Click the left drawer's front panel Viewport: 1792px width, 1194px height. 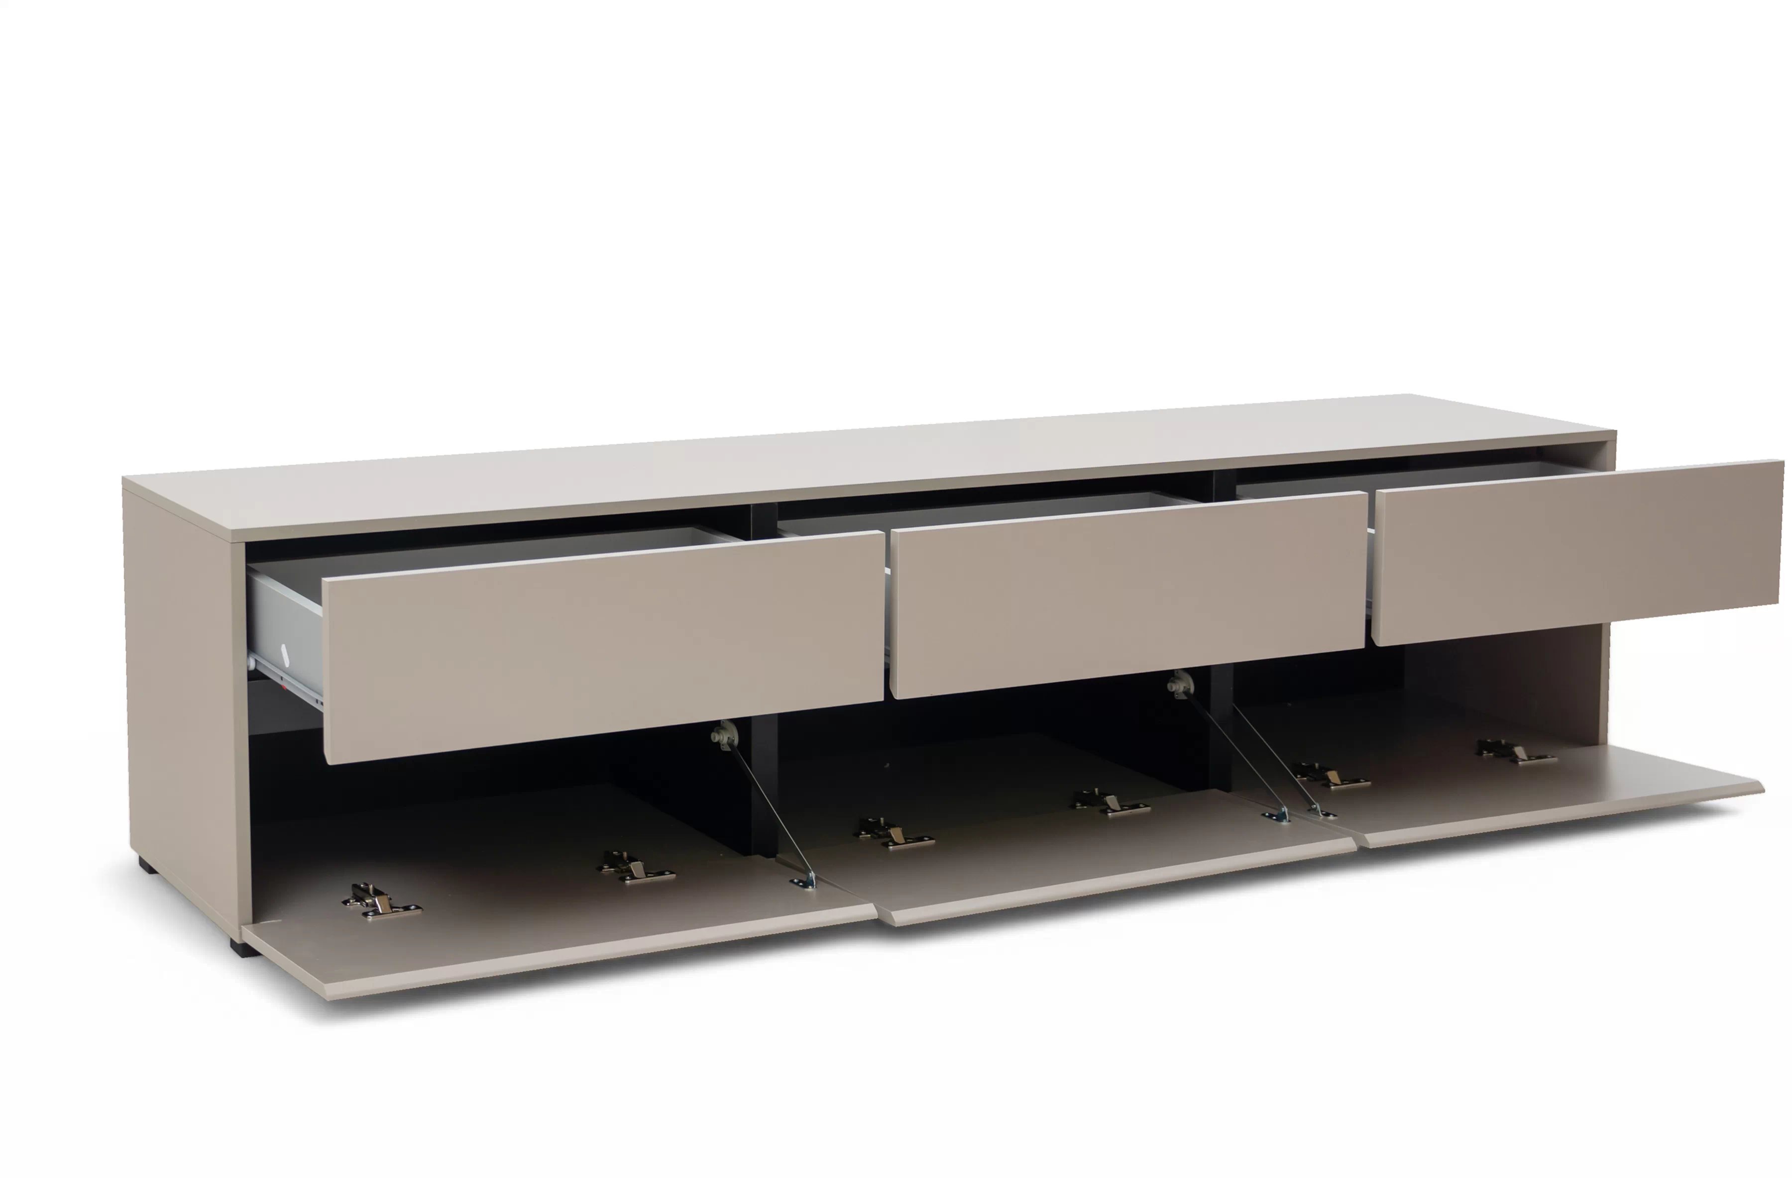click(x=602, y=647)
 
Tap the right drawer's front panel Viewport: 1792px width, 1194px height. click(x=1577, y=552)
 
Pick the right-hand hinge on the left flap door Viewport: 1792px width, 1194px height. click(x=636, y=868)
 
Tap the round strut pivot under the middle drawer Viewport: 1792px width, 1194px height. click(x=1179, y=684)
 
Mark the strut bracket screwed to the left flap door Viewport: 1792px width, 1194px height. click(x=804, y=882)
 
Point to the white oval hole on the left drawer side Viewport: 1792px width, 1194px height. click(x=285, y=653)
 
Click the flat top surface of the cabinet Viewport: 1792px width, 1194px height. click(x=838, y=465)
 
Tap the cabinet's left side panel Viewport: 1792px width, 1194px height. click(x=183, y=686)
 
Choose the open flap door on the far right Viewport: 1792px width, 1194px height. click(x=1562, y=792)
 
